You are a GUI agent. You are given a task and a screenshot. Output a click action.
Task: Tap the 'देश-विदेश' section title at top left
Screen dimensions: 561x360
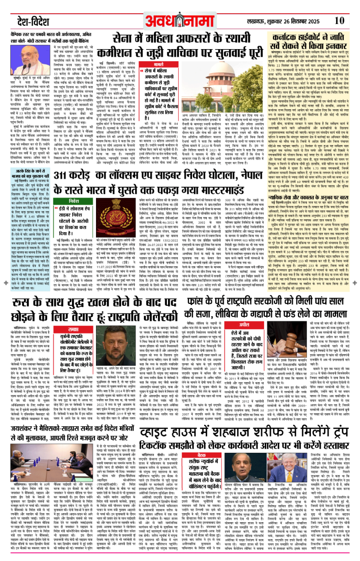click(33, 21)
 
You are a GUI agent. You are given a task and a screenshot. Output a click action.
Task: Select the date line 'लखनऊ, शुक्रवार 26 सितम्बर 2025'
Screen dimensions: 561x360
click(283, 21)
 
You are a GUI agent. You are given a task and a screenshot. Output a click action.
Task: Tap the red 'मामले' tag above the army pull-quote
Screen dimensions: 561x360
click(158, 65)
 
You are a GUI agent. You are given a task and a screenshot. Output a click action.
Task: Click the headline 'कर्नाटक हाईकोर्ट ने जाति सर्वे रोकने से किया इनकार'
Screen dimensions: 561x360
click(307, 42)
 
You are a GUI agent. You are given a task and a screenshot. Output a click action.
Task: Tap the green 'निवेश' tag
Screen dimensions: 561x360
click(74, 200)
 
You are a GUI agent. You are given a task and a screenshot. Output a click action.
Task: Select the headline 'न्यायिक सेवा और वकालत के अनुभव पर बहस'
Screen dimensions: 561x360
click(308, 197)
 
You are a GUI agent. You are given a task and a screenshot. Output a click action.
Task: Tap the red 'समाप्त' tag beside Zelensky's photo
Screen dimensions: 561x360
click(74, 329)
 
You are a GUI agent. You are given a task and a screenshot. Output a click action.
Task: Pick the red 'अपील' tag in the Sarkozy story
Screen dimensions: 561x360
click(244, 324)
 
